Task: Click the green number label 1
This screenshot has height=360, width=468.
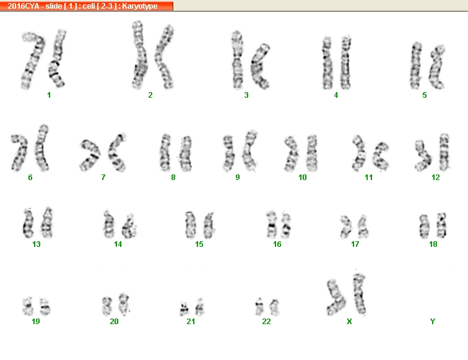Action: [x=49, y=95]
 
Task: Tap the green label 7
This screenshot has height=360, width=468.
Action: [x=103, y=178]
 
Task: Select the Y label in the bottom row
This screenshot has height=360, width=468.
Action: [x=433, y=322]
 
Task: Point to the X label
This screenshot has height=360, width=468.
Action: [x=350, y=322]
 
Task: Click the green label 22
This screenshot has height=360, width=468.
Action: [x=266, y=322]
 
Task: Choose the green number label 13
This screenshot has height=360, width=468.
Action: [x=37, y=244]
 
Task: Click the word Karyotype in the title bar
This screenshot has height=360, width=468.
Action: [x=140, y=6]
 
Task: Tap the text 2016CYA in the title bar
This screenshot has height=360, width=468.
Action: [x=24, y=6]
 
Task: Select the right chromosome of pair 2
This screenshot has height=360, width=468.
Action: [x=163, y=57]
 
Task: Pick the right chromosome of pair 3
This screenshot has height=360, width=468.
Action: [x=259, y=67]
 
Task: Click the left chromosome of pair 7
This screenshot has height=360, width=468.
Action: [x=90, y=155]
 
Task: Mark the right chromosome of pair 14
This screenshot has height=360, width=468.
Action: [x=129, y=226]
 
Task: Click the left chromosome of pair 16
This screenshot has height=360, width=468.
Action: [x=271, y=225]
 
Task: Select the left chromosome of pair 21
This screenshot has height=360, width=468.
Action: [x=184, y=309]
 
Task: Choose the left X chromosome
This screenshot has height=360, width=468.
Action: [x=336, y=298]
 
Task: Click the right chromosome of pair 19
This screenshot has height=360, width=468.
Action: [x=45, y=306]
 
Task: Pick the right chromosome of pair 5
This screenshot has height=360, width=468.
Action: [x=436, y=67]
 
